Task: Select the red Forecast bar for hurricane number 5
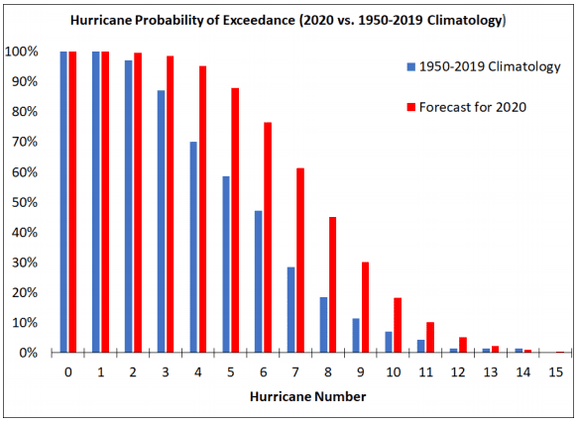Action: coord(235,220)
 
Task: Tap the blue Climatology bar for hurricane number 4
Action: coord(193,247)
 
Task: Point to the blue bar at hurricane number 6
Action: coord(258,281)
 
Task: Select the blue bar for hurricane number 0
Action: coord(63,202)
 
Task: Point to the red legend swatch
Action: coord(409,106)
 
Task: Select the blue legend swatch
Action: coord(409,67)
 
